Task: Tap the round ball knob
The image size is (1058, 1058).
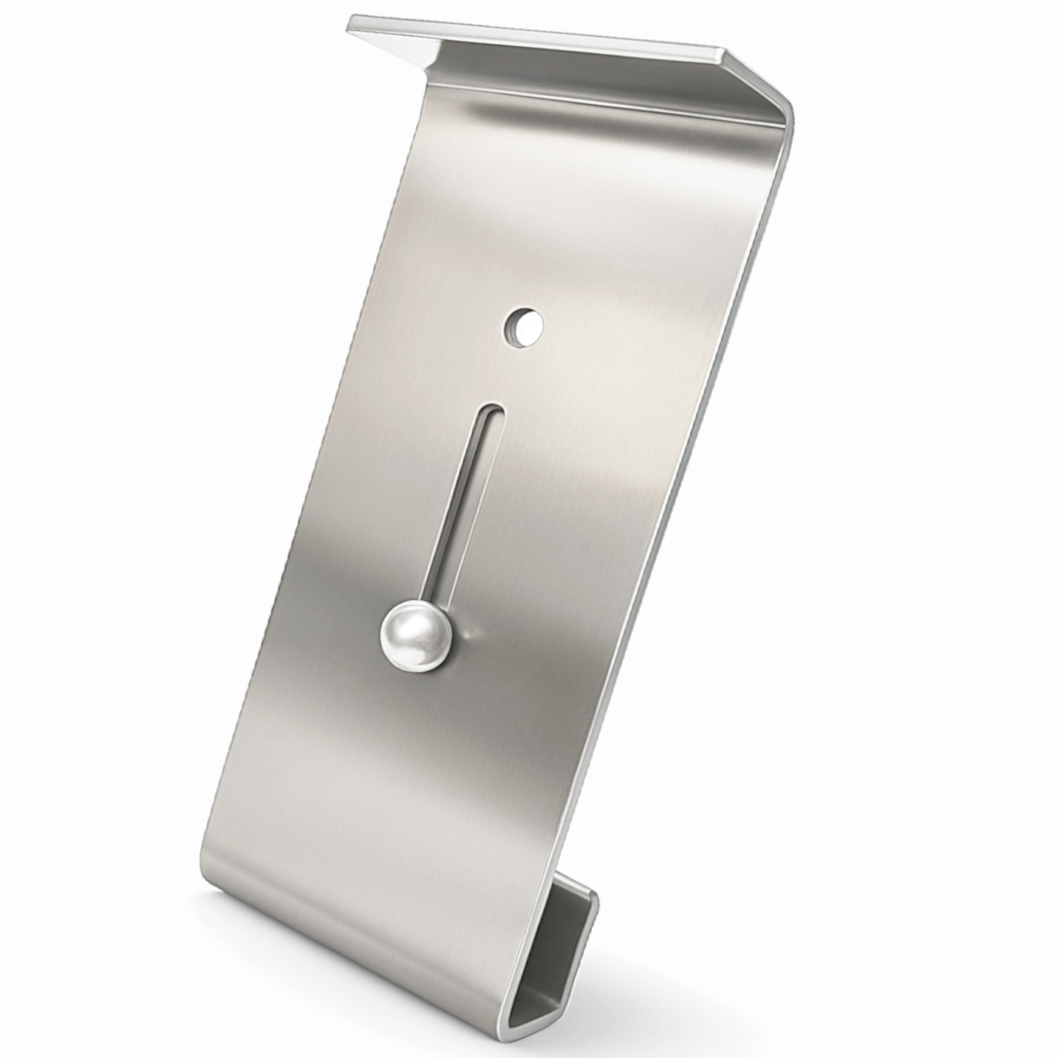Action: [x=417, y=636]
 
